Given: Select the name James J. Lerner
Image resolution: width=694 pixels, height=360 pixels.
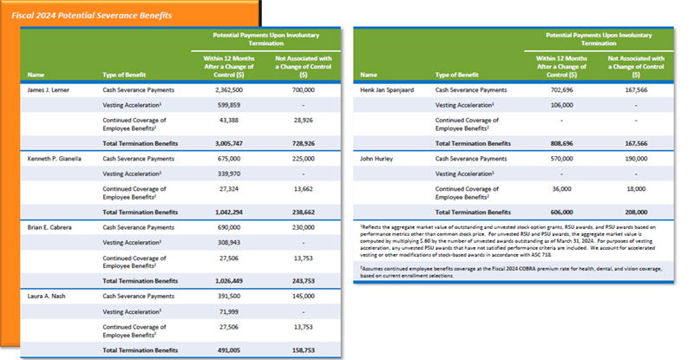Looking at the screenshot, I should coord(50,89).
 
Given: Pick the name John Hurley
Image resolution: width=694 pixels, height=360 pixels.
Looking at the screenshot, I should coord(377,159).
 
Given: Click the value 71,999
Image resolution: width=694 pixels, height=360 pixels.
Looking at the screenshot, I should coord(230,311).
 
